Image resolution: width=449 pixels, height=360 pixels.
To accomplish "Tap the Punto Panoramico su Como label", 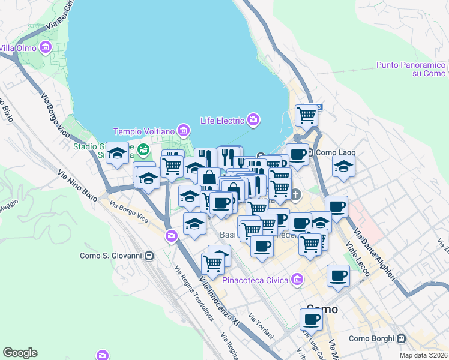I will (x=411, y=69).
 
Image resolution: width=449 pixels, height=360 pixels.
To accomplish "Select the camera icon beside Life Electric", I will (x=253, y=120).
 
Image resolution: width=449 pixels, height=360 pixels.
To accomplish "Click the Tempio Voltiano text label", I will (x=146, y=131).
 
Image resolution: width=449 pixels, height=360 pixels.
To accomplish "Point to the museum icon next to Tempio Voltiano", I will (x=184, y=130).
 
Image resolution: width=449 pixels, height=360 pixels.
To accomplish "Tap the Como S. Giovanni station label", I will (x=111, y=256).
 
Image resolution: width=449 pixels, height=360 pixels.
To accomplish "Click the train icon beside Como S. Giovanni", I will (x=148, y=256).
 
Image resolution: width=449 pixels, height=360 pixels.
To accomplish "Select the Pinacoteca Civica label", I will (x=256, y=280).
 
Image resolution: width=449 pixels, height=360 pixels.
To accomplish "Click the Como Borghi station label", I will (x=371, y=339).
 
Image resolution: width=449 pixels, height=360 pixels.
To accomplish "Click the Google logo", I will (x=20, y=353).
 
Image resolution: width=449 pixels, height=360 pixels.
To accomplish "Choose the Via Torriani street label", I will (x=261, y=326).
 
